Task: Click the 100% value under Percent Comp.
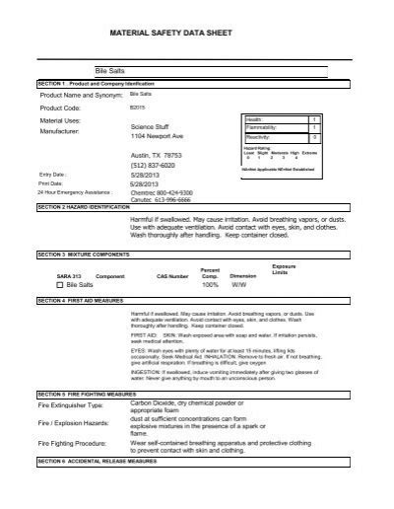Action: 209,284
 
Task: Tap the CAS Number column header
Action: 171,277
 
